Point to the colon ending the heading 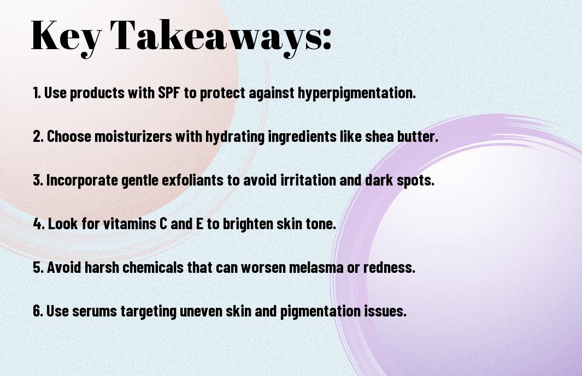327,40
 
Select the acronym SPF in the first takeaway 169,93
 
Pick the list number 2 38,136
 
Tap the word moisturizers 133,136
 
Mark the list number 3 38,180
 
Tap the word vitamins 129,224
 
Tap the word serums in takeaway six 95,312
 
